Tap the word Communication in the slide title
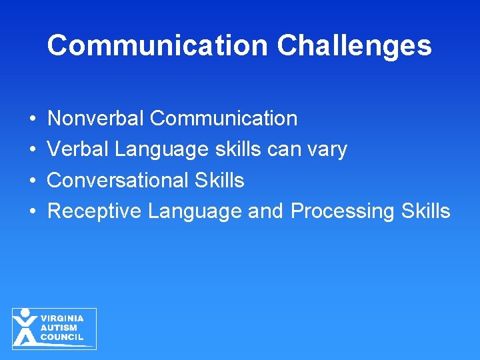click(x=158, y=45)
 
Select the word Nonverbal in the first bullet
click(x=96, y=119)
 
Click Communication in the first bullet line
click(x=223, y=119)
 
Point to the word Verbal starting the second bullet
click(x=78, y=149)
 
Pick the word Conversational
click(x=118, y=180)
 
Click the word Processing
click(x=343, y=211)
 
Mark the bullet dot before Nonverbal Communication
click(x=33, y=119)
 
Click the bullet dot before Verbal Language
click(x=33, y=150)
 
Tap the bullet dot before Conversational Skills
click(x=33, y=181)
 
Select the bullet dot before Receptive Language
click(x=33, y=211)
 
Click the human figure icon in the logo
click(x=25, y=327)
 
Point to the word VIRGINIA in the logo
click(x=62, y=319)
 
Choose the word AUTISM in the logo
click(x=59, y=328)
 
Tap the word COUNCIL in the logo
click(x=61, y=337)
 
